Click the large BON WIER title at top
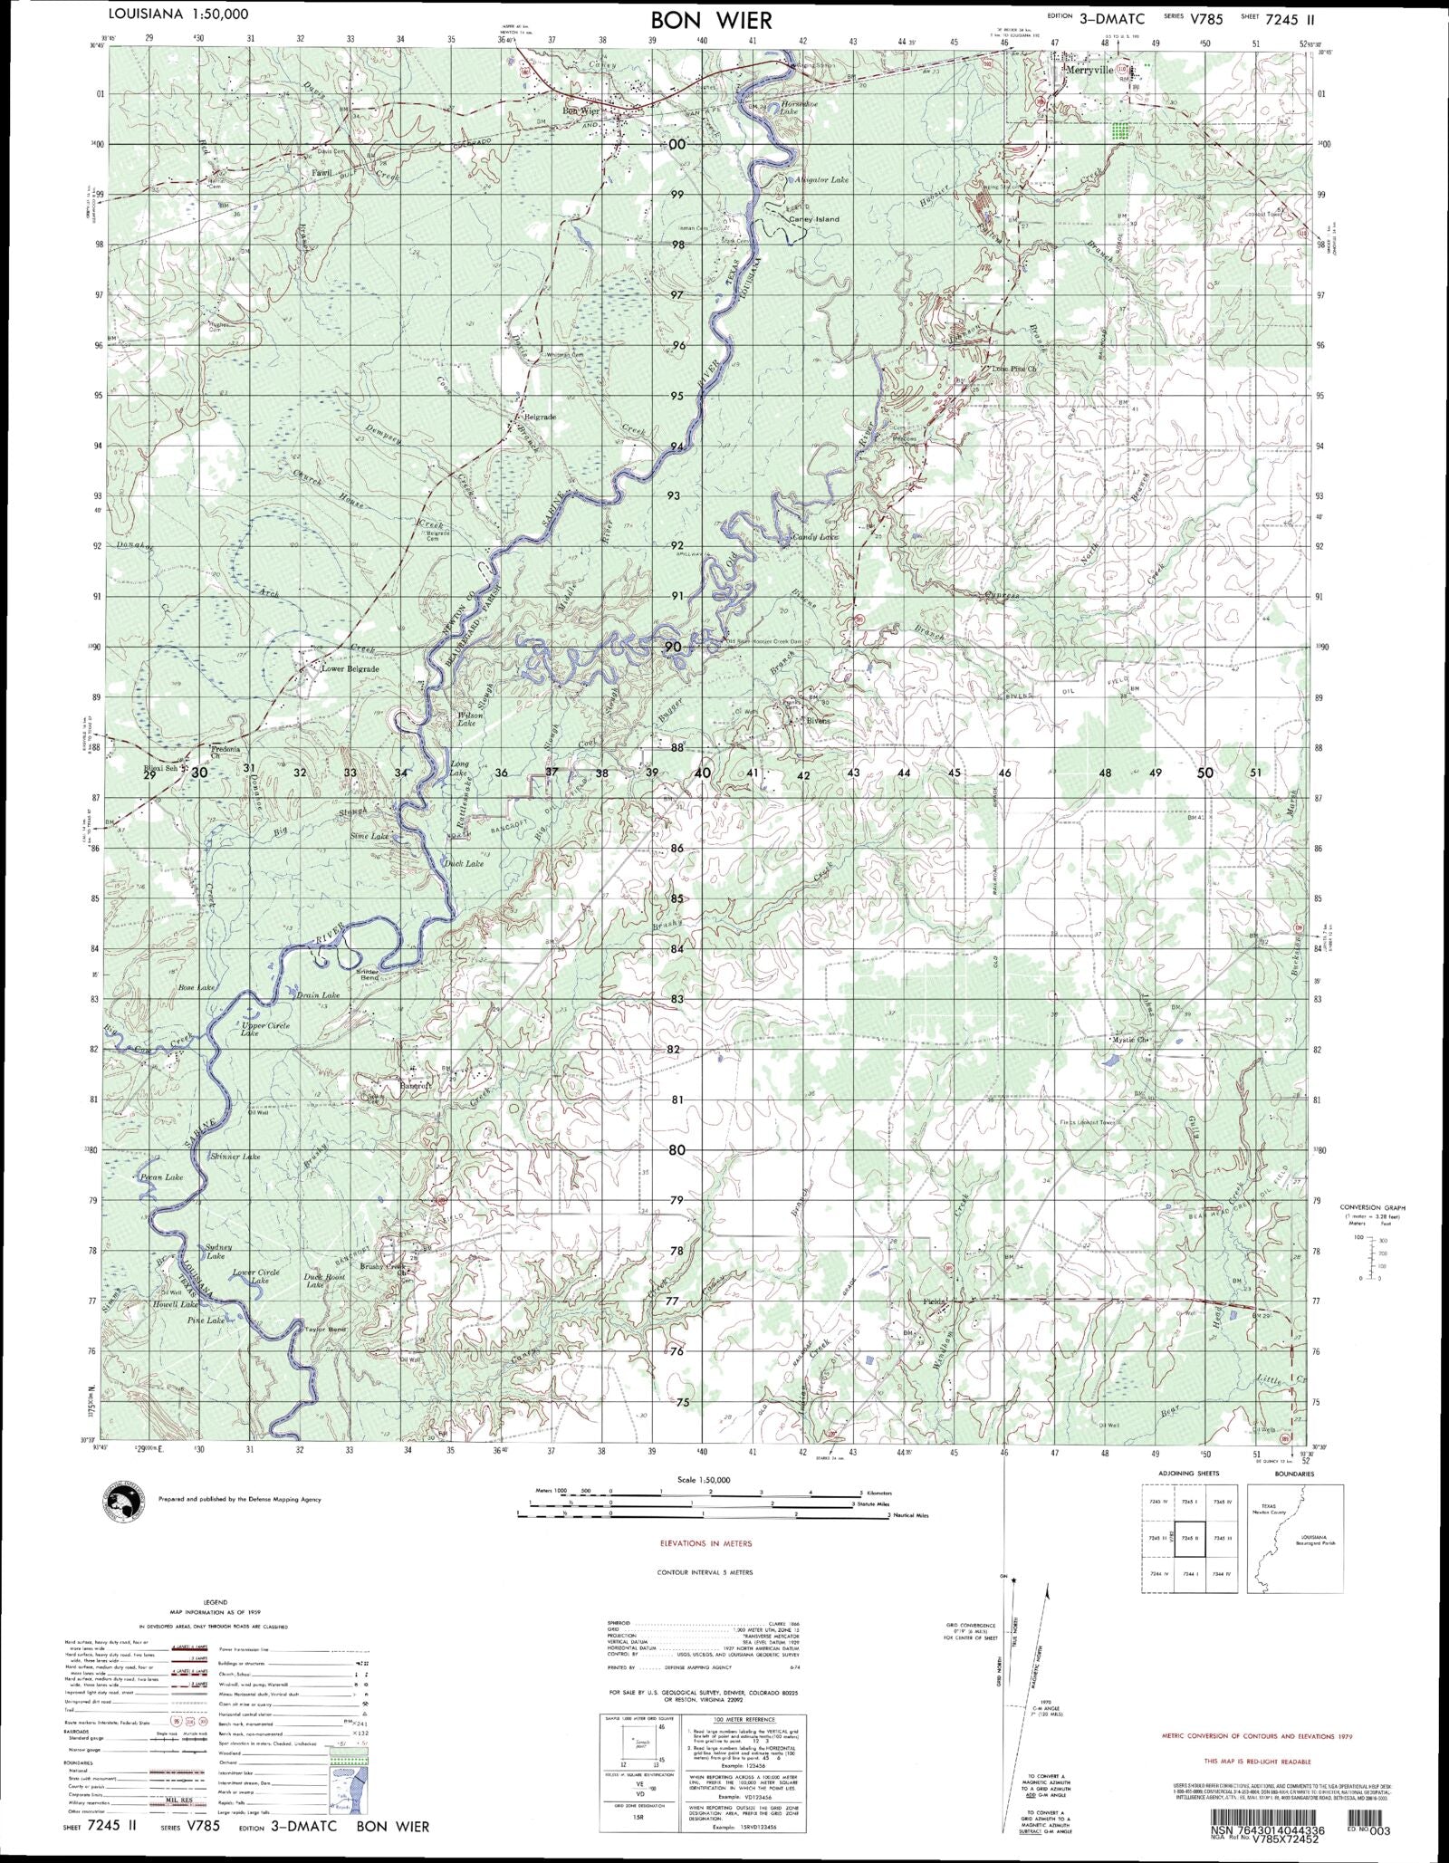click(711, 20)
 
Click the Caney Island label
click(813, 219)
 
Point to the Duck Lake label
click(464, 863)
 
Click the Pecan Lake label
click(162, 1177)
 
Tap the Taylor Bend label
click(326, 1329)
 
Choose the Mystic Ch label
click(1131, 1040)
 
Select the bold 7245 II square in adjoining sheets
click(1190, 1539)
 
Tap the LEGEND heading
click(216, 1602)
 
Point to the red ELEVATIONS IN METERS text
click(705, 1543)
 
